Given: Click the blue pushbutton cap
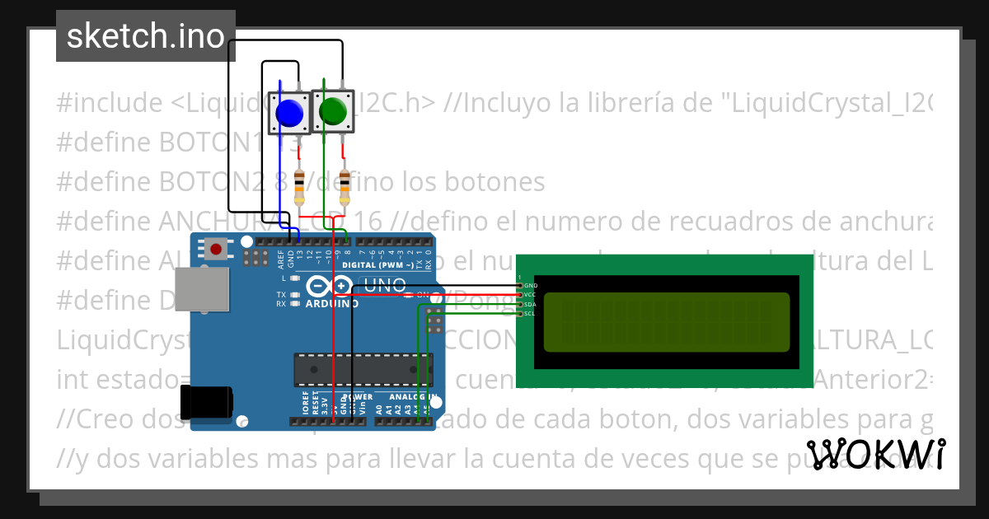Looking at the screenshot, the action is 288,113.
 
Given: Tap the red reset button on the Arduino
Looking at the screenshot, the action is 217,248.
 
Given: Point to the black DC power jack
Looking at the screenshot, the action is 209,404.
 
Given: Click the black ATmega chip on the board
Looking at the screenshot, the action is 363,369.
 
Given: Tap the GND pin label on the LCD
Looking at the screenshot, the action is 531,285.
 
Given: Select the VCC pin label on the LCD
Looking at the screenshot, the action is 531,294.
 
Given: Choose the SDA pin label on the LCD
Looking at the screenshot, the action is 531,304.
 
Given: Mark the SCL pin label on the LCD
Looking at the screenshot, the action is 531,313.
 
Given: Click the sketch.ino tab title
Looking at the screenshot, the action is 146,36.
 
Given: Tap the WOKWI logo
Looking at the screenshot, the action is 875,455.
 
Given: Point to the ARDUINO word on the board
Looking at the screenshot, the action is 331,303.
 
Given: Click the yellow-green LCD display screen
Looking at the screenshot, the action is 666,322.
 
